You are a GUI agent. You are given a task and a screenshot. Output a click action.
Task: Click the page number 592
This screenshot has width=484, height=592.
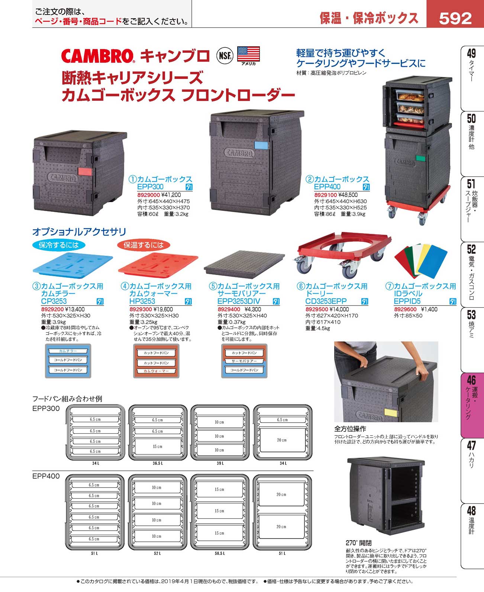tap(455, 18)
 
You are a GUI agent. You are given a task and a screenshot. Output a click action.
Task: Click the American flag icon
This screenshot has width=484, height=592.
tap(248, 54)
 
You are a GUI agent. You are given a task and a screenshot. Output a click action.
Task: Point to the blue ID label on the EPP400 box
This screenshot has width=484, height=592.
tap(261, 145)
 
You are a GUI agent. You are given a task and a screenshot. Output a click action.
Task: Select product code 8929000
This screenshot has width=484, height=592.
tap(148, 195)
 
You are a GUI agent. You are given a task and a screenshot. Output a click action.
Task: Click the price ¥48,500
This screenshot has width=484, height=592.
tap(348, 195)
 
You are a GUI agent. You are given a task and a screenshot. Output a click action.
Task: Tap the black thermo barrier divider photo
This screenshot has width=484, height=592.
tap(244, 264)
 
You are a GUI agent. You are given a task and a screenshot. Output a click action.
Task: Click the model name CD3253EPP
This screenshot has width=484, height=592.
tap(326, 301)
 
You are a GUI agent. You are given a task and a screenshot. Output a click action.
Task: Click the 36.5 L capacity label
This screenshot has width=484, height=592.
tap(158, 463)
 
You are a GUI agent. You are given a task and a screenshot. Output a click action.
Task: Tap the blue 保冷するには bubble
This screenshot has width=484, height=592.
tap(59, 245)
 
